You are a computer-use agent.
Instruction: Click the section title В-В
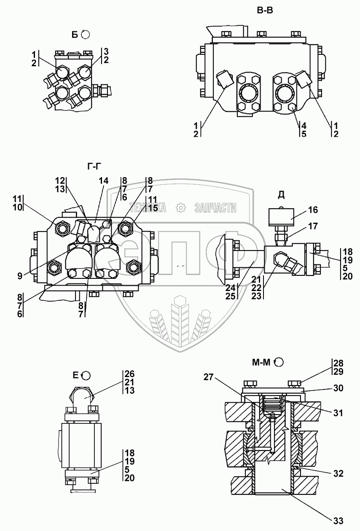click(265, 11)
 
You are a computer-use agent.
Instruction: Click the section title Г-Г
click(95, 167)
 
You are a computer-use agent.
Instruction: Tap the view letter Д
click(281, 195)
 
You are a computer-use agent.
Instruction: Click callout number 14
click(104, 181)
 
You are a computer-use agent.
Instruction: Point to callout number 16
click(313, 210)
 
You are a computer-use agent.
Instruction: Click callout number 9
click(19, 277)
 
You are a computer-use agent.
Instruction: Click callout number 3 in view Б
click(107, 51)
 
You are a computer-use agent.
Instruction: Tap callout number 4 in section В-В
click(303, 125)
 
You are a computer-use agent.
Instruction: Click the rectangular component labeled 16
click(282, 218)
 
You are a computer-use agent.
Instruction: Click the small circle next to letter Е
click(86, 375)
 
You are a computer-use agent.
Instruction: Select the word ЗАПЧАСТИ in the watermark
click(215, 208)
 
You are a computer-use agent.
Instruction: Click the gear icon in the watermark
click(180, 208)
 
